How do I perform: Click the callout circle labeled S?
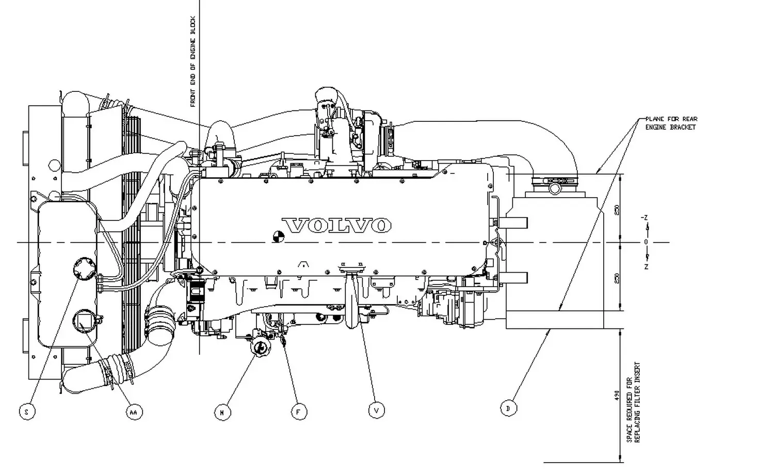pos(26,412)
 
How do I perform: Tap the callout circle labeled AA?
pos(134,412)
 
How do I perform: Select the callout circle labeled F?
pos(298,412)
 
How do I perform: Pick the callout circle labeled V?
pos(377,410)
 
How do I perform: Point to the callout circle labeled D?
pos(508,408)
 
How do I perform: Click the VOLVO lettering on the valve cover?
pos(336,226)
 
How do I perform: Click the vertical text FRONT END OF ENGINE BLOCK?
pos(193,62)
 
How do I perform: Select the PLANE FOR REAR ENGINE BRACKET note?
pos(671,123)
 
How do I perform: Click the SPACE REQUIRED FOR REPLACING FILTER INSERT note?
pos(633,402)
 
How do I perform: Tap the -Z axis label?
pos(644,218)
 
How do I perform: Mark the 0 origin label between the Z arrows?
pos(646,242)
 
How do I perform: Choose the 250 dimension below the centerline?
pos(617,278)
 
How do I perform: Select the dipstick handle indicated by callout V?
pos(352,299)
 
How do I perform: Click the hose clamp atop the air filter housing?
pos(553,182)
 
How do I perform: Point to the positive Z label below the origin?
pos(646,266)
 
